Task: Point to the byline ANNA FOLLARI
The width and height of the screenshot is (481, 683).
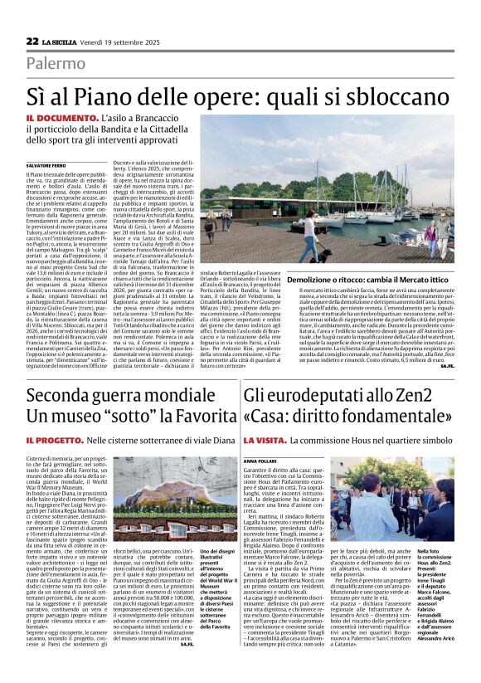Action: [260, 457]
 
